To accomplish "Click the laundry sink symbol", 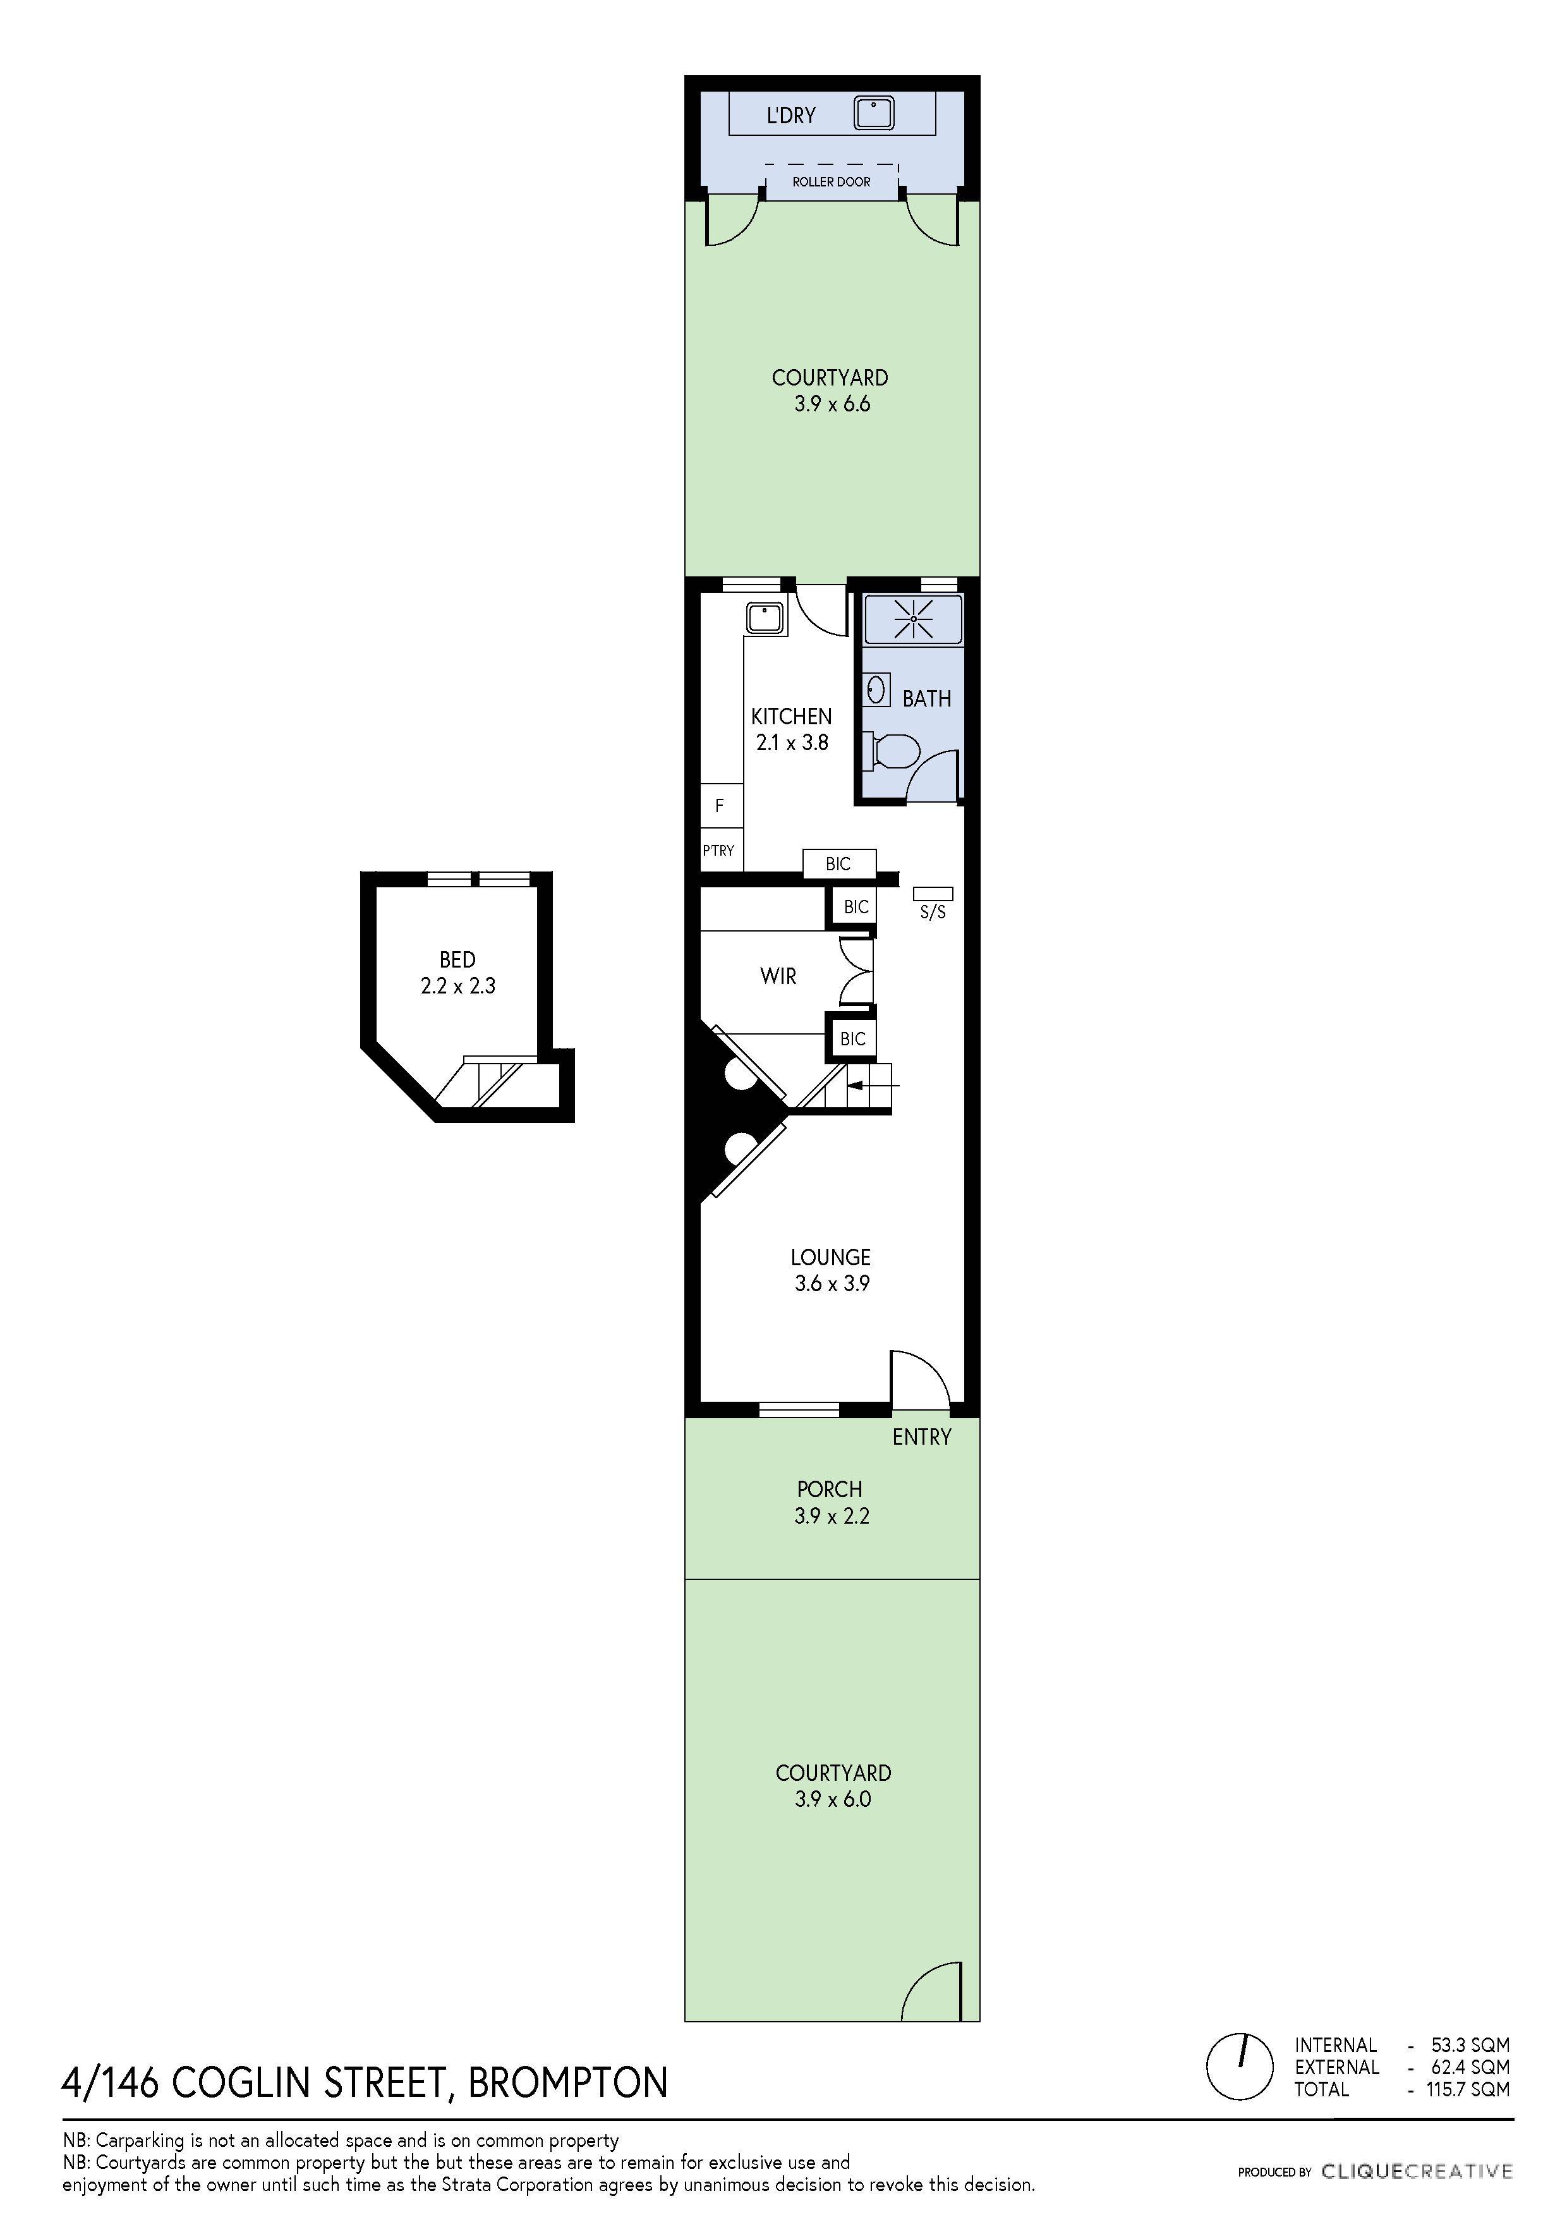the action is click(874, 114).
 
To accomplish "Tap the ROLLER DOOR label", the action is click(832, 181).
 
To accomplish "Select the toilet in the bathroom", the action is click(892, 751).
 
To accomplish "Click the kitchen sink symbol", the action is click(765, 617).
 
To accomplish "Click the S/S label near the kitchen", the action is click(933, 911).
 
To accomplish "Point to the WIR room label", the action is click(778, 976).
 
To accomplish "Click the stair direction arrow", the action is click(873, 1084).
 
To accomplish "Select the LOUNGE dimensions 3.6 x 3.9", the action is click(832, 1284).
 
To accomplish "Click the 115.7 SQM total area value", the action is click(1468, 2089).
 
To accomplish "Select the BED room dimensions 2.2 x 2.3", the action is click(457, 986).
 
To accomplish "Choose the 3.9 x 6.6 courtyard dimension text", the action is click(832, 404).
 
